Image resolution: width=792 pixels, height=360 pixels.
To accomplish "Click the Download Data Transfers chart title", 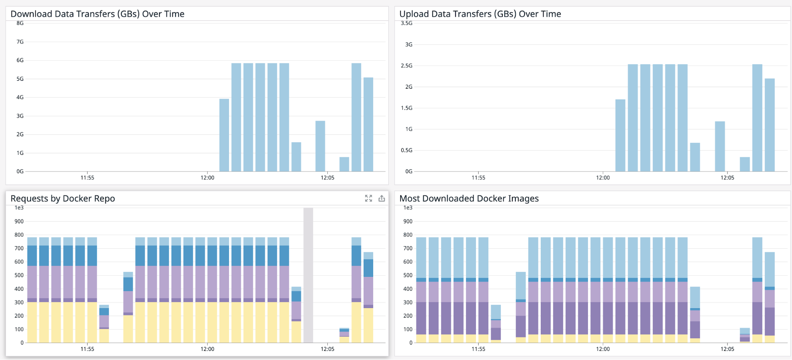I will (x=97, y=14).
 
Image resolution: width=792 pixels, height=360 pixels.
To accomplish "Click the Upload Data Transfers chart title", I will (x=480, y=14).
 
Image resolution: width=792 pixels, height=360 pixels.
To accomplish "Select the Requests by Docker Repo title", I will (x=63, y=198).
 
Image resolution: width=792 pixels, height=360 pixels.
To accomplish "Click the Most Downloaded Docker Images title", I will (x=469, y=198).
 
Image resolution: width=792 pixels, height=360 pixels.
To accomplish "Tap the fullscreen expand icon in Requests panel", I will (x=368, y=198).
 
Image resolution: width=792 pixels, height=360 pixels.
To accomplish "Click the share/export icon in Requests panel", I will (x=382, y=198).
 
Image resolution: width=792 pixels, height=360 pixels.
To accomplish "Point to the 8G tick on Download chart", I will (x=20, y=23).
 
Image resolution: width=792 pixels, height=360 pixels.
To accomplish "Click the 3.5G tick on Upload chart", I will (x=406, y=23).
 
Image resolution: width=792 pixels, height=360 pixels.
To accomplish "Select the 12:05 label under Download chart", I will (x=327, y=177).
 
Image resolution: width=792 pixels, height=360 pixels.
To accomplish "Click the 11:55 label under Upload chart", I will (x=478, y=177).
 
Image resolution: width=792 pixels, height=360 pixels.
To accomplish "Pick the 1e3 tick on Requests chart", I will (x=19, y=208).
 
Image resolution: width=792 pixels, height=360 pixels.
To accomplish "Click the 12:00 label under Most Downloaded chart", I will (x=603, y=349).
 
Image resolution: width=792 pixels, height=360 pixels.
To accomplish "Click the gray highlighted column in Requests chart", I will (x=308, y=275).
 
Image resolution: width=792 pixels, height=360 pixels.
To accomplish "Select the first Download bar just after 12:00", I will (x=224, y=135).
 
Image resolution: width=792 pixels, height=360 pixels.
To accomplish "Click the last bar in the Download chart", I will (x=368, y=125).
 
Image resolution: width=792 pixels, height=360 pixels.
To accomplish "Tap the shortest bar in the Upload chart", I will (x=744, y=164).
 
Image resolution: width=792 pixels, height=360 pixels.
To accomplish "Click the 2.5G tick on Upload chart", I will (x=406, y=65).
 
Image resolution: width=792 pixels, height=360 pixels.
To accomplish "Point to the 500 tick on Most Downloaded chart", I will (x=408, y=275).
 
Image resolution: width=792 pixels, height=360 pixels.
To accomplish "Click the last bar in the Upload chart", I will (x=769, y=125).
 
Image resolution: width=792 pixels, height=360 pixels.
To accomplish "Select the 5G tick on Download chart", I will (x=20, y=79).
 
